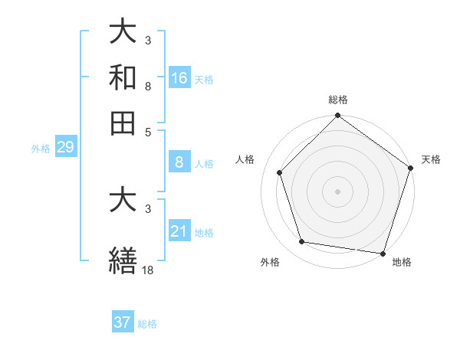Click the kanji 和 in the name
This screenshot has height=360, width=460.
[123, 77]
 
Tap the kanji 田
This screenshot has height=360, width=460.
[123, 122]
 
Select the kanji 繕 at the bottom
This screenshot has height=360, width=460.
[123, 258]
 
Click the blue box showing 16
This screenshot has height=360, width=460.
[179, 78]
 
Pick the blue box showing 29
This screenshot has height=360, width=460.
[65, 148]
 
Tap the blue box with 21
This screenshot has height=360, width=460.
[179, 231]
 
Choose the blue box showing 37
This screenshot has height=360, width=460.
[123, 322]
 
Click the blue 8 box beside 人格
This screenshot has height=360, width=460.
[179, 162]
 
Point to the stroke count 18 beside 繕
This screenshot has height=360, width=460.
[147, 270]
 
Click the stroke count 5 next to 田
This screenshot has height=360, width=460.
[148, 132]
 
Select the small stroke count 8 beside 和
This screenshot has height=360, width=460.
[148, 87]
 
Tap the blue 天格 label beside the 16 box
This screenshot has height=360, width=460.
[203, 80]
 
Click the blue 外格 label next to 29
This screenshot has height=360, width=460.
[41, 149]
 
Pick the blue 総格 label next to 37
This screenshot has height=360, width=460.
[147, 324]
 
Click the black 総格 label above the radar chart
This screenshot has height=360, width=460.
[338, 100]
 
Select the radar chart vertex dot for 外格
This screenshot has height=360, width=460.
[302, 242]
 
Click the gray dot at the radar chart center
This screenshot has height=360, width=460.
[338, 191]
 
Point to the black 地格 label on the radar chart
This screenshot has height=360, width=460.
[402, 262]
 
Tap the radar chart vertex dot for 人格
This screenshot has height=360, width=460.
[280, 172]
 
